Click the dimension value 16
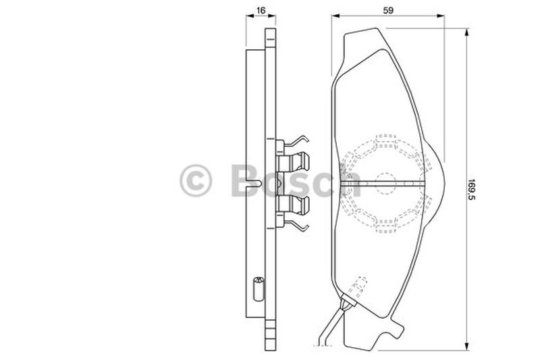point(261,10)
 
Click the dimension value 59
point(388,10)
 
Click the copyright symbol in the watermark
point(196,180)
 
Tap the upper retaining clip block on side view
point(293,162)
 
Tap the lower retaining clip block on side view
point(293,205)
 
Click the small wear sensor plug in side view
point(258,288)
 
